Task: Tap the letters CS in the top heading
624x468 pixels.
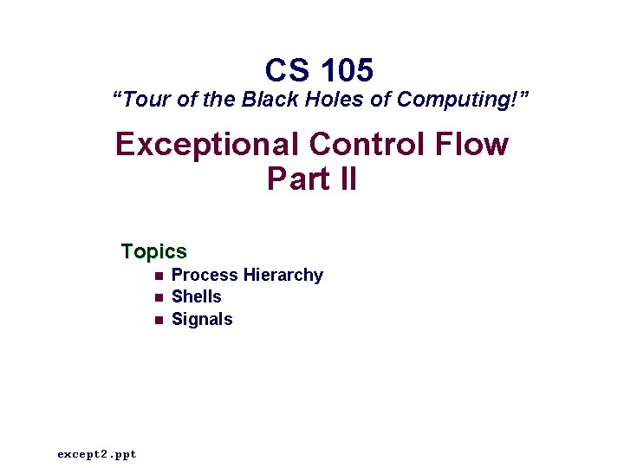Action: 287,69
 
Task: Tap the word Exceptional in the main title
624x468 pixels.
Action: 200,144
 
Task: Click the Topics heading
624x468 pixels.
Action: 154,252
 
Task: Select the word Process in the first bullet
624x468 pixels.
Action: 205,276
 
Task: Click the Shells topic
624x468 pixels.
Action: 197,297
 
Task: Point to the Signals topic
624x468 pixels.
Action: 202,319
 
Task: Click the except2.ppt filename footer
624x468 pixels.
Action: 97,454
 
